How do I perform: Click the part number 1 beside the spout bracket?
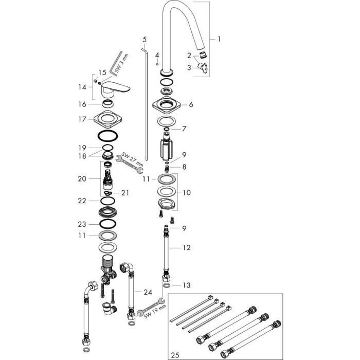pyautogui.click(x=219, y=39)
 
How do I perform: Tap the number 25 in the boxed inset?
pyautogui.click(x=175, y=355)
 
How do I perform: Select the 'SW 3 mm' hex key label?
pyautogui.click(x=122, y=63)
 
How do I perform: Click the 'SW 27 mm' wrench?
pyautogui.click(x=129, y=164)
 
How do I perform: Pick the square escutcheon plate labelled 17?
pyautogui.click(x=107, y=119)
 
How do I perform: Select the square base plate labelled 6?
pyautogui.click(x=167, y=105)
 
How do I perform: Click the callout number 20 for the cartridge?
pyautogui.click(x=82, y=178)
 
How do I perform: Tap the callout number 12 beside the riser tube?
pyautogui.click(x=187, y=247)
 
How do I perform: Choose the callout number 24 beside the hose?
pyautogui.click(x=148, y=292)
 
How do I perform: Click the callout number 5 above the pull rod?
pyautogui.click(x=145, y=40)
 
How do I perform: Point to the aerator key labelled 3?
pyautogui.click(x=203, y=67)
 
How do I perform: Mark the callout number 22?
pyautogui.click(x=82, y=201)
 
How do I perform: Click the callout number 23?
pyautogui.click(x=82, y=224)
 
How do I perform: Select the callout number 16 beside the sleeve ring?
pyautogui.click(x=82, y=104)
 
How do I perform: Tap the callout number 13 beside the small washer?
pyautogui.click(x=187, y=285)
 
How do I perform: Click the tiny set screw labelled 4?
pyautogui.click(x=157, y=64)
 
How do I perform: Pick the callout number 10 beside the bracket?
pyautogui.click(x=187, y=192)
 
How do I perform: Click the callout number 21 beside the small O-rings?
pyautogui.click(x=125, y=193)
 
